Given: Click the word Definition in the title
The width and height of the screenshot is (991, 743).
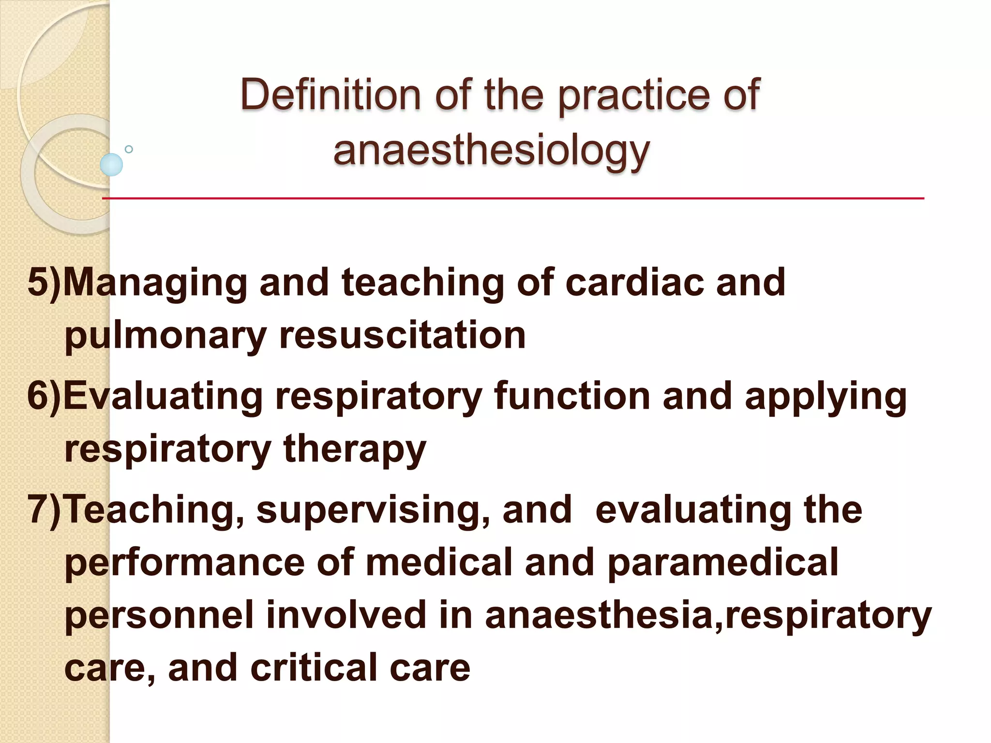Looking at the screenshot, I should coord(330,94).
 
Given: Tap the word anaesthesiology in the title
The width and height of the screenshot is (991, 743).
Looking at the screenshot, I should coord(491,150).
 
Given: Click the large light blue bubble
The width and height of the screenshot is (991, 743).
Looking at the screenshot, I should coord(111,164).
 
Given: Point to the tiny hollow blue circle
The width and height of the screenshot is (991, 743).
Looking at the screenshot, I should coord(129,149).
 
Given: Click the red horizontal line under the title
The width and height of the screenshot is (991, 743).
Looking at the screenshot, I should coord(513,198).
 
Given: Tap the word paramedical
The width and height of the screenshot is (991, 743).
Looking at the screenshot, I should coord(722,563).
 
